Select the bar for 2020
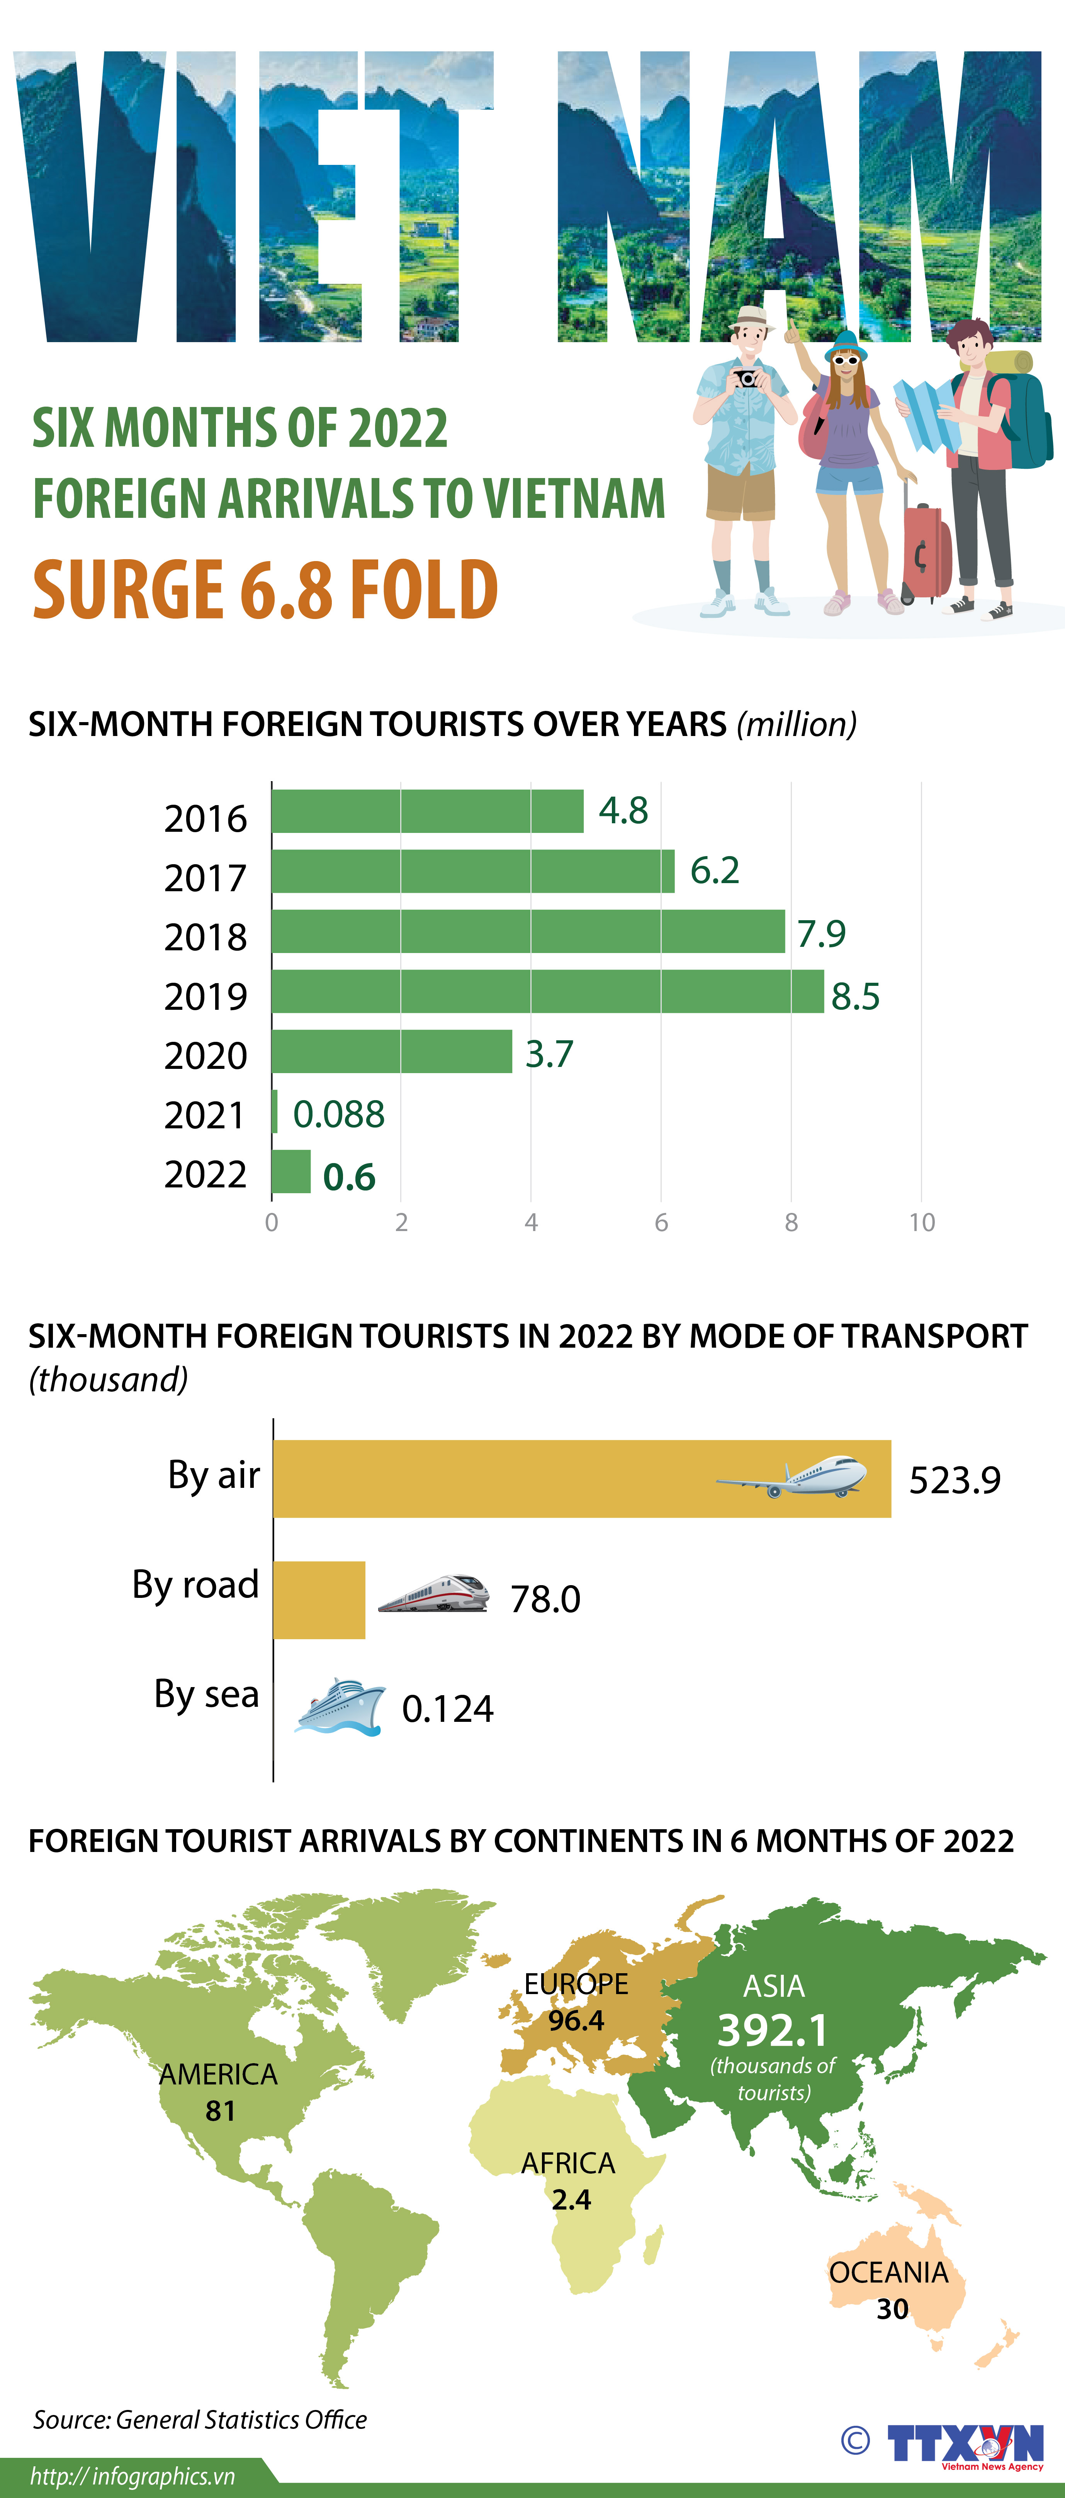pyautogui.click(x=391, y=1051)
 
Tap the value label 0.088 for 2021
pyautogui.click(x=338, y=1114)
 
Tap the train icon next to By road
pyautogui.click(x=433, y=1593)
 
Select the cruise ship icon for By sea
pyautogui.click(x=340, y=1707)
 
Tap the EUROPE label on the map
pyautogui.click(x=576, y=1984)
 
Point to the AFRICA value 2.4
pyautogui.click(x=570, y=2200)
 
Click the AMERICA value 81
pyautogui.click(x=220, y=2110)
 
